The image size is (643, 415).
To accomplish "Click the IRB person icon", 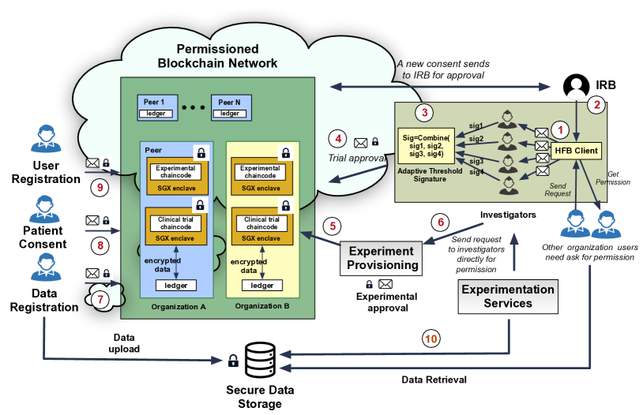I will coord(574,85).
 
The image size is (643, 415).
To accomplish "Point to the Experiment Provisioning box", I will coord(381,257).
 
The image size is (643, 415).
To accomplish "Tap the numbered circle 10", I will coord(431,339).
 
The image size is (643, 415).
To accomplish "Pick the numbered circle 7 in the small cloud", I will coord(100,299).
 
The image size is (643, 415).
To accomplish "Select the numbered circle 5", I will coord(333,226).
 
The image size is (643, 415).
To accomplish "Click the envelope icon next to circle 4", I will coord(361,143).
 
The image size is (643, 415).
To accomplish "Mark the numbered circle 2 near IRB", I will coord(597,103).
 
